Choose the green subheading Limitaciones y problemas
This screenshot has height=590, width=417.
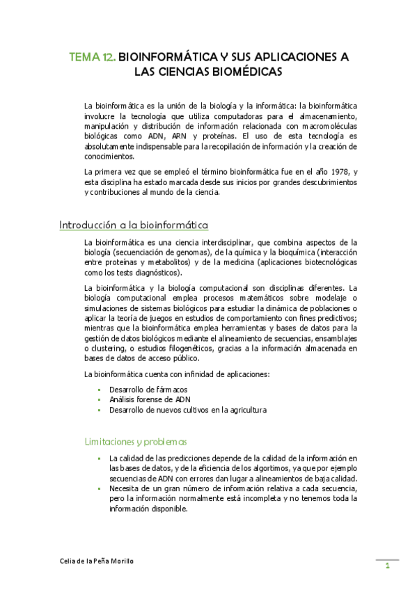135,441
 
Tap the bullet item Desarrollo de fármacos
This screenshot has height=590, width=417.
148,390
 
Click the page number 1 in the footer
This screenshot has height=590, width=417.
387,566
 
